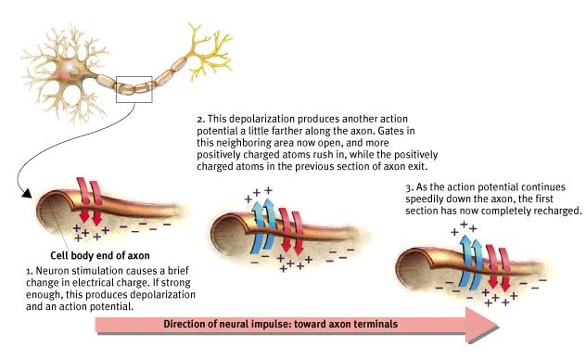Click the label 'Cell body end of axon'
pos(97,255)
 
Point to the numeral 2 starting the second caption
pos(199,121)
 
